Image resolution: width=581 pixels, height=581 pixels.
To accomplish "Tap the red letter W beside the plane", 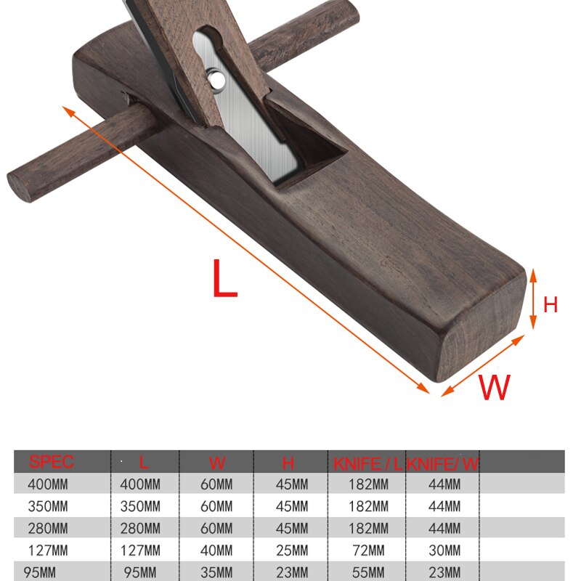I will (494, 388).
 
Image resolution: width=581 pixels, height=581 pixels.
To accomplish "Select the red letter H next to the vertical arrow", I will (550, 305).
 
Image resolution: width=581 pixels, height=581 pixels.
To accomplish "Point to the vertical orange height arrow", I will (533, 298).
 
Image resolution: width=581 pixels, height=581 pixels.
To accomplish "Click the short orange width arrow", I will (482, 365).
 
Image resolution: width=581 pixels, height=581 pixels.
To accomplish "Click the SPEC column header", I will (52, 462).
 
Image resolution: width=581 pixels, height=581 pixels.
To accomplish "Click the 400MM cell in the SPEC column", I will (48, 484).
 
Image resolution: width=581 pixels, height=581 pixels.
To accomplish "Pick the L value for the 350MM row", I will (140, 506).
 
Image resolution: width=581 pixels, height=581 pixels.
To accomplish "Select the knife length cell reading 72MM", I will (367, 550).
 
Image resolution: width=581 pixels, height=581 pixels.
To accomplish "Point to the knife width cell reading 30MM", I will (444, 550).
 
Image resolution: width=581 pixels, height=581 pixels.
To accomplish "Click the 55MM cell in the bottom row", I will (367, 572).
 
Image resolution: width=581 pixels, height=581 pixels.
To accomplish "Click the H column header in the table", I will (288, 462).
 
